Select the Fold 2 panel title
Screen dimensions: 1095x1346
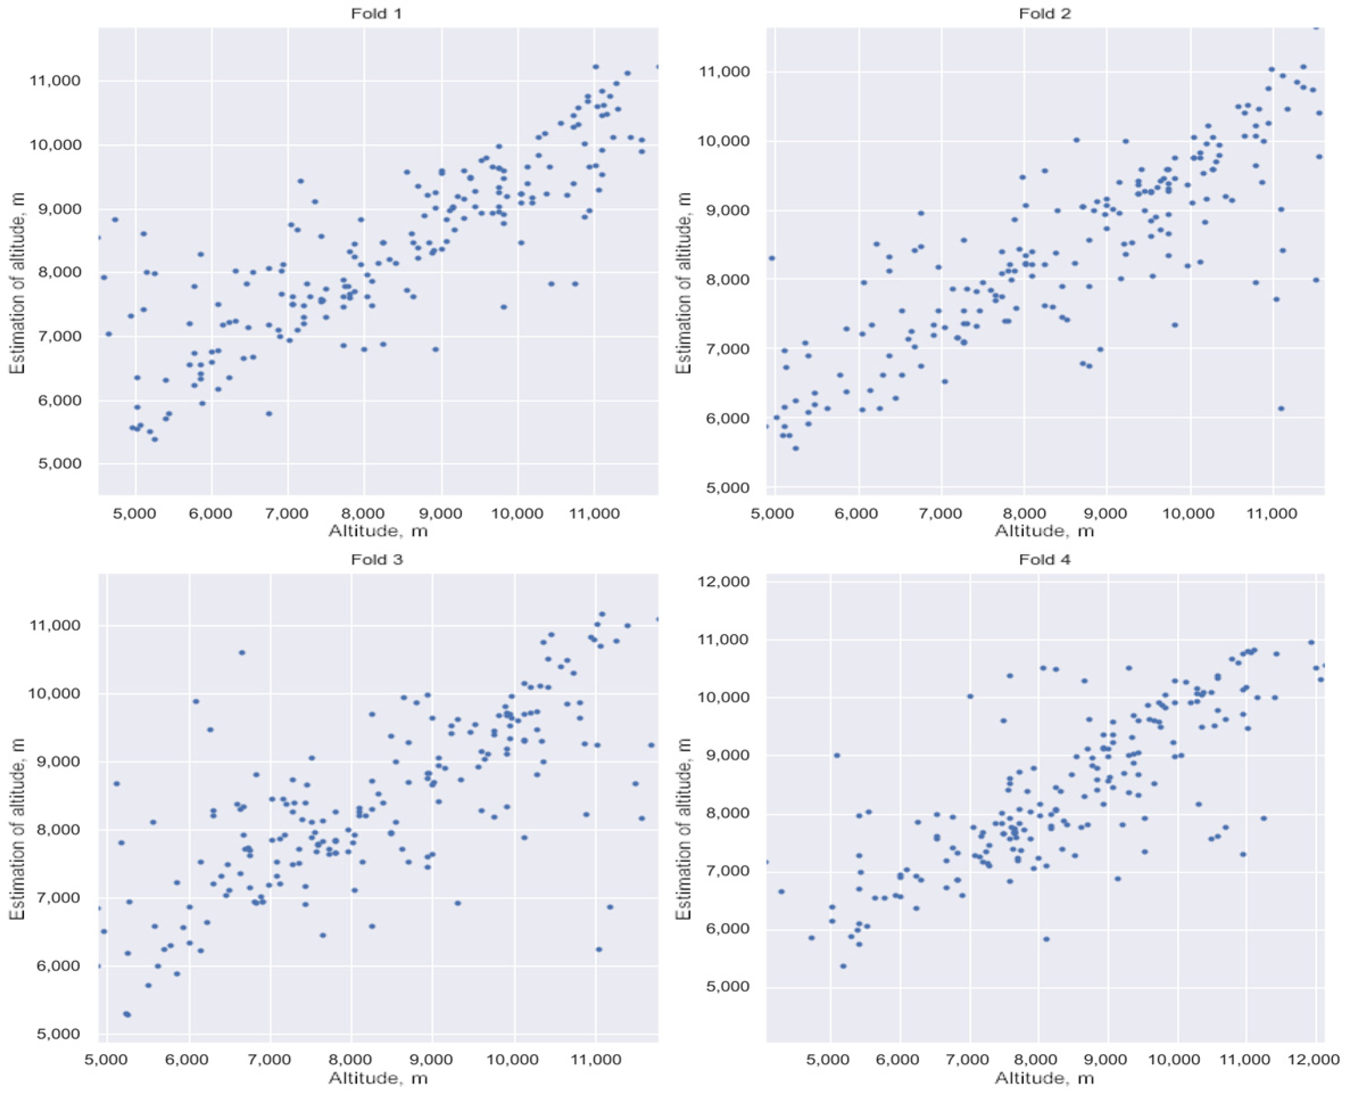pos(1045,13)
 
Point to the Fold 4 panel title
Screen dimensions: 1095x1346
pos(1045,559)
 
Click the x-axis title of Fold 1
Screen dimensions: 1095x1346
pos(377,530)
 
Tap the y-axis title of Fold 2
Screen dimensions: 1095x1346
pos(683,282)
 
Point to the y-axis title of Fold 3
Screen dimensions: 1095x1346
pos(17,829)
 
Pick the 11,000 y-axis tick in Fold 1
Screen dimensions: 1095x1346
pos(56,81)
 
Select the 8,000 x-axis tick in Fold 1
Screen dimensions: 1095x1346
pos(364,513)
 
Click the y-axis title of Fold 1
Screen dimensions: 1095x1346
pos(17,282)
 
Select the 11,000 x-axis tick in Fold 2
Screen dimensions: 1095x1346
pos(1273,513)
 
